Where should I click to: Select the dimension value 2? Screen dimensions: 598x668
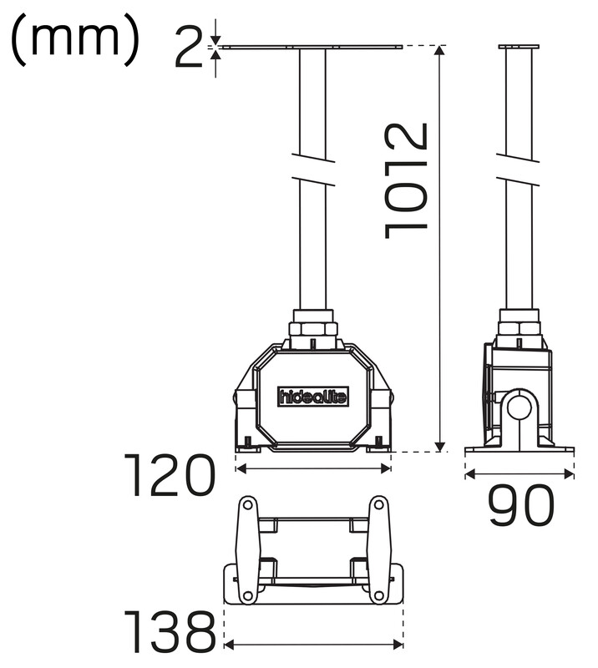coord(190,46)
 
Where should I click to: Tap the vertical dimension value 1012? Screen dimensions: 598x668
coord(405,180)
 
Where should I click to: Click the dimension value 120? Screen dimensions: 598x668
coord(169,475)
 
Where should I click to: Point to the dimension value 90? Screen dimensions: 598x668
coord(521,505)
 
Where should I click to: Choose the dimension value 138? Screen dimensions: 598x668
coord(170,632)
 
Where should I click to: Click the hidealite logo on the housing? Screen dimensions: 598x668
coord(313,397)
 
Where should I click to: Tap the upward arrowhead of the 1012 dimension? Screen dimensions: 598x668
coord(440,50)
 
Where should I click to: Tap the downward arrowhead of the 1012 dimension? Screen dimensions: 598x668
coord(440,447)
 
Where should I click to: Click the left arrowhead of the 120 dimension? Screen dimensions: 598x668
coord(241,469)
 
